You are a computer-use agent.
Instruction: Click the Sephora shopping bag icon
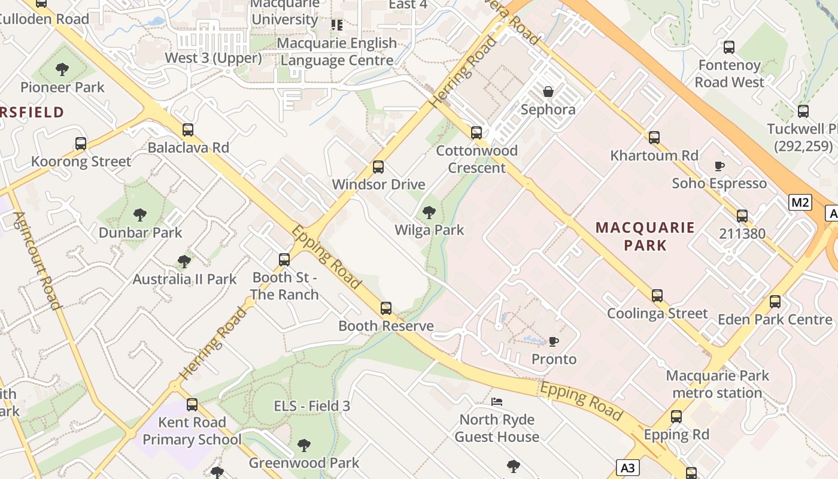click(x=548, y=92)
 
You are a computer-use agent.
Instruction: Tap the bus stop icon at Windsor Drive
click(x=378, y=166)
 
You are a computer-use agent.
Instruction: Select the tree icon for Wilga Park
click(x=429, y=212)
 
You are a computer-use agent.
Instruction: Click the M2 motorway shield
click(x=800, y=202)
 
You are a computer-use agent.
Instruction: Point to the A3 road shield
click(x=627, y=468)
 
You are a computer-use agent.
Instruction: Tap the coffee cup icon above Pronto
click(x=554, y=341)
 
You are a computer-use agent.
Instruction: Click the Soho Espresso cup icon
click(x=719, y=166)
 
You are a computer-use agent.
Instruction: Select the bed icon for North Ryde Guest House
click(x=497, y=401)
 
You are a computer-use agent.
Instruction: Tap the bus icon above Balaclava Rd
click(x=188, y=129)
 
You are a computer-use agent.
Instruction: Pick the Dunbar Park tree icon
click(x=140, y=214)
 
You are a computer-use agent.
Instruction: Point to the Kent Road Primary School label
click(x=192, y=431)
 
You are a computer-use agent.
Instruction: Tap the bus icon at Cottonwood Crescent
click(x=476, y=132)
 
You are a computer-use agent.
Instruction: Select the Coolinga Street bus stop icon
click(x=657, y=295)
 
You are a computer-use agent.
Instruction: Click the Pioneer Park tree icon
click(x=62, y=69)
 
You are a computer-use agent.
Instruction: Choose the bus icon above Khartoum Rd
click(x=654, y=137)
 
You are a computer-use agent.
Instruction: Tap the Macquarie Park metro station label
click(x=717, y=384)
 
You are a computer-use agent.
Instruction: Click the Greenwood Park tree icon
click(x=304, y=445)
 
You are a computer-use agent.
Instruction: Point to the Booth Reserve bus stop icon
click(x=386, y=308)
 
